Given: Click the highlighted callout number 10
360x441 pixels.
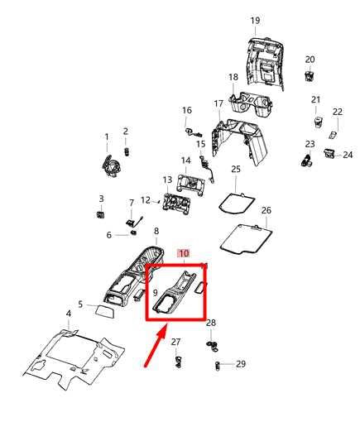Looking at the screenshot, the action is tap(184, 253).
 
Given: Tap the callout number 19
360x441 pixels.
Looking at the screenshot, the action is tap(255, 21).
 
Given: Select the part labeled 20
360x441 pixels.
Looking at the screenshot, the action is tap(310, 76).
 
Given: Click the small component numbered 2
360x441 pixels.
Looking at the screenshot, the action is tap(127, 152).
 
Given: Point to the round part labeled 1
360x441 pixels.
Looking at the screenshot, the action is tap(111, 166).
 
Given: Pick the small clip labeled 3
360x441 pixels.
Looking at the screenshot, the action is tap(100, 215).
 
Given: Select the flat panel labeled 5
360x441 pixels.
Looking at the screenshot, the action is tap(105, 311).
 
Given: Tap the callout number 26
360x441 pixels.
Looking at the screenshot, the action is tap(266, 210).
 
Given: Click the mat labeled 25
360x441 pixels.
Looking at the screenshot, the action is tap(237, 203).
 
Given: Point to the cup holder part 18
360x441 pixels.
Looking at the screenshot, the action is tap(250, 104).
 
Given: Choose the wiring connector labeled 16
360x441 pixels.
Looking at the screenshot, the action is tap(193, 132).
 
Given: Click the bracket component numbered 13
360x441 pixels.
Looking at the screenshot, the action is tap(176, 204).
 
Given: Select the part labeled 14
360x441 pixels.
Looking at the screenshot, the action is tap(190, 186).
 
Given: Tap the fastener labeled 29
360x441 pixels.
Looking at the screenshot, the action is tap(217, 367).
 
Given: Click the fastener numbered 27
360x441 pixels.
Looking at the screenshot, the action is tap(178, 362).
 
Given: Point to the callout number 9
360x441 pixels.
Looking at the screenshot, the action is tap(155, 293).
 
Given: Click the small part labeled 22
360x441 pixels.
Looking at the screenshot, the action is tap(333, 135).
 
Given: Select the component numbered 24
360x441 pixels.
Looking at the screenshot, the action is tap(329, 153).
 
